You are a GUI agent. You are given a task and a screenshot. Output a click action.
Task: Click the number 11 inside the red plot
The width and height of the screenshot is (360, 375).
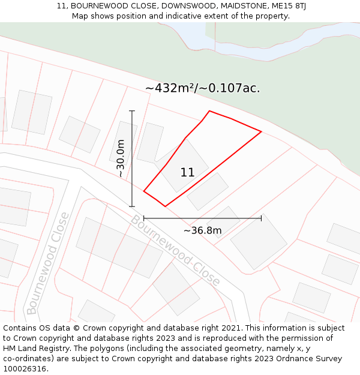point(187,173)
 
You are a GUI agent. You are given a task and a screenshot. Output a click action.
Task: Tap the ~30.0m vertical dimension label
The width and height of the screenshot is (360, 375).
point(121,158)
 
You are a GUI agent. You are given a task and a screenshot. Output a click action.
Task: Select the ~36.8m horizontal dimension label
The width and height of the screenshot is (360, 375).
point(202,230)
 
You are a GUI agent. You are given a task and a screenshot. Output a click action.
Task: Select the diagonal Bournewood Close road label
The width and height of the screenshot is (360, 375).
point(176,250)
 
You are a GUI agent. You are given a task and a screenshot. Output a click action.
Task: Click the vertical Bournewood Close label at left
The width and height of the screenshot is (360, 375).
point(48,263)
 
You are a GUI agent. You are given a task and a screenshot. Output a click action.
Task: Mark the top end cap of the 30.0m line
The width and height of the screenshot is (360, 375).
point(132,111)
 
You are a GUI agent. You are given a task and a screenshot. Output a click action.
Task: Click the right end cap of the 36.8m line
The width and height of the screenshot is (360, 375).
point(261,218)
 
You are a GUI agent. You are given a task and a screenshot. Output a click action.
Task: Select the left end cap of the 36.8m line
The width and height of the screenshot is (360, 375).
point(144,218)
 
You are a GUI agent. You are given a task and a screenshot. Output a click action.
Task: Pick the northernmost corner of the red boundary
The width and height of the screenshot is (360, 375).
point(209,111)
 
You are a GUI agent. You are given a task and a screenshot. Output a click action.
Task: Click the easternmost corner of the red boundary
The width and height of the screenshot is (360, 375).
point(261,131)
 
